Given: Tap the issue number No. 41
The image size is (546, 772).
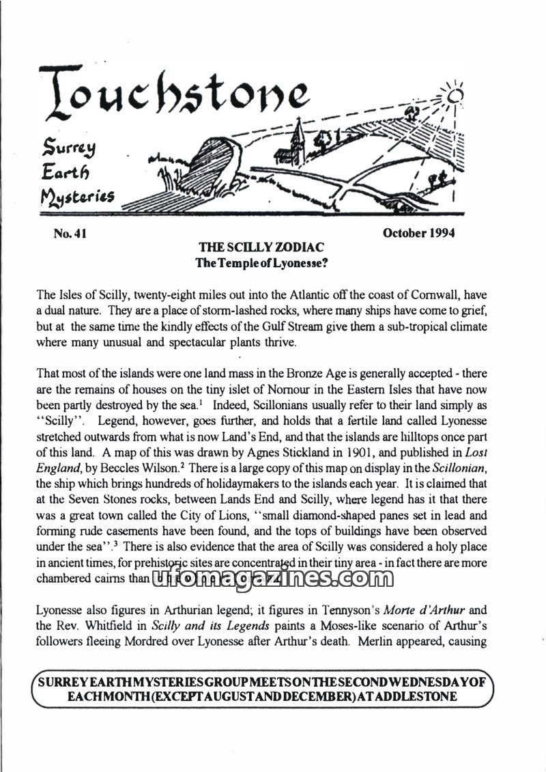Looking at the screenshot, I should (70, 234).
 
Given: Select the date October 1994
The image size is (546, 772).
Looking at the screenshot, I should (418, 233).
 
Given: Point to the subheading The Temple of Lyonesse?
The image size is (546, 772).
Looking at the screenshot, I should (261, 263).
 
